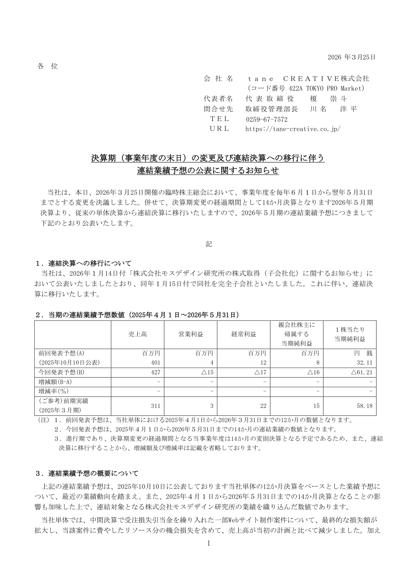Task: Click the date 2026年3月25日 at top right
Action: click(x=351, y=57)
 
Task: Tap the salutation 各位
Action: click(x=47, y=66)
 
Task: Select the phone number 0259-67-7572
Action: click(x=266, y=119)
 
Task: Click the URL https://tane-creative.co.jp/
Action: click(x=293, y=129)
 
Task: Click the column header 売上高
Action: click(x=138, y=334)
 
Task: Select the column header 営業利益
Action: click(x=191, y=334)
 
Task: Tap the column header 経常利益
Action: click(x=244, y=334)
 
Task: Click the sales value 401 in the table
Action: click(x=156, y=363)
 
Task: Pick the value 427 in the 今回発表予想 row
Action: click(x=156, y=373)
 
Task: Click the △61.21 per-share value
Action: click(x=361, y=373)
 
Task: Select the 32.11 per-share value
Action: click(x=365, y=363)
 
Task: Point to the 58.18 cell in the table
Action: click(x=365, y=406)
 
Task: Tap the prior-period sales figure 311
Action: click(x=156, y=406)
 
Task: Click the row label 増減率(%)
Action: click(x=54, y=391)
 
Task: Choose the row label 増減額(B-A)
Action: click(x=55, y=382)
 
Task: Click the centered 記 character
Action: click(x=209, y=244)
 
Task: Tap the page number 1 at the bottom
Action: click(x=209, y=544)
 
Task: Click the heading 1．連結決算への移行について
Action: click(x=83, y=263)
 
